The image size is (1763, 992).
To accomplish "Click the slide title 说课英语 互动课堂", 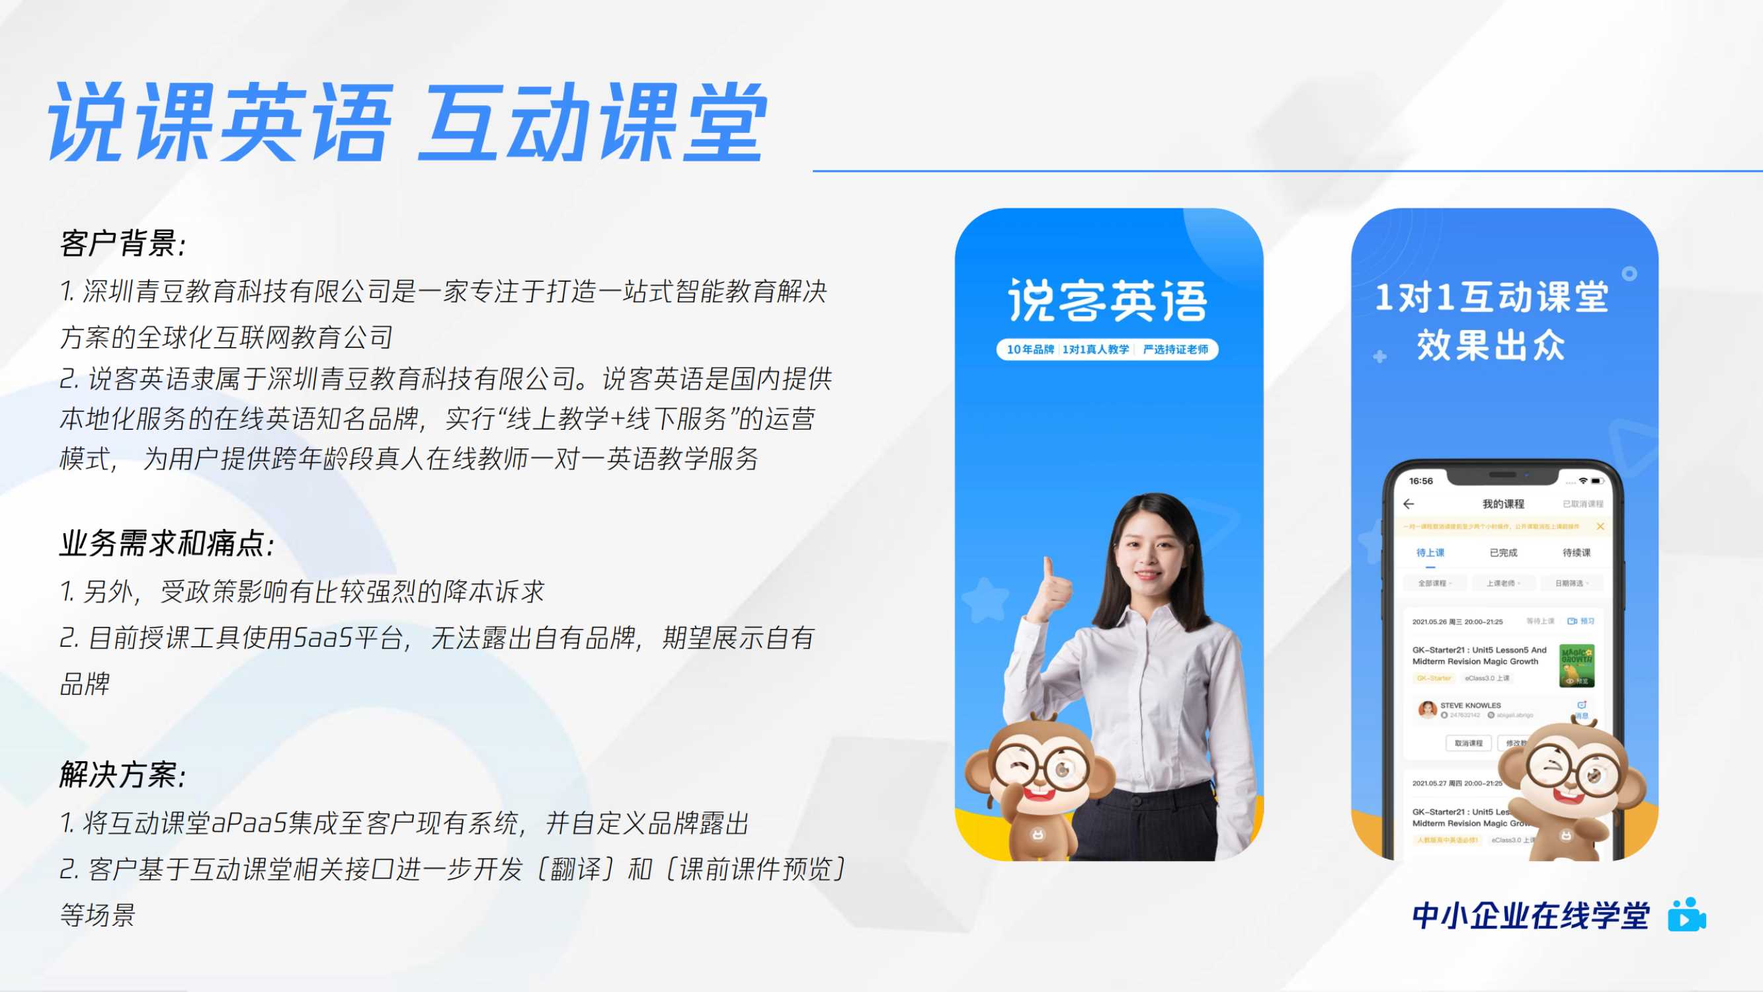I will pyautogui.click(x=408, y=123).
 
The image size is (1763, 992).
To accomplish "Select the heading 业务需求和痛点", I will pyautogui.click(x=167, y=544).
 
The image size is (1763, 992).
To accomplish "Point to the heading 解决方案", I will pyautogui.click(x=123, y=775).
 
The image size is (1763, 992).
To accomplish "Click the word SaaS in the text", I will pyautogui.click(x=322, y=638).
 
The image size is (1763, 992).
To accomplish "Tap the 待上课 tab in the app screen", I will pyautogui.click(x=1430, y=552).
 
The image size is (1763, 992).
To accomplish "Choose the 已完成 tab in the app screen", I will pyautogui.click(x=1503, y=552).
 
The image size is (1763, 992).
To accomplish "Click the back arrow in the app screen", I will pyautogui.click(x=1409, y=504).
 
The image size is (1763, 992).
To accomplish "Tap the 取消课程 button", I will pyautogui.click(x=1469, y=743).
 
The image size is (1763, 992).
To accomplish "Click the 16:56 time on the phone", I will pyautogui.click(x=1421, y=481).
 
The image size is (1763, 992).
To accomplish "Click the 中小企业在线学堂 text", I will pyautogui.click(x=1530, y=916).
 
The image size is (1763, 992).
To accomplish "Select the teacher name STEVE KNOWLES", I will pyautogui.click(x=1470, y=705).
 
